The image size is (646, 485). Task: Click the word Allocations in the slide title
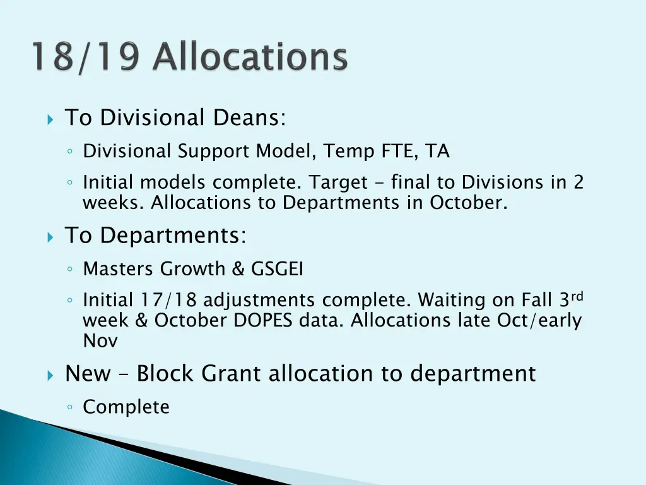(251, 57)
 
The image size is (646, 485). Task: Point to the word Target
(338, 183)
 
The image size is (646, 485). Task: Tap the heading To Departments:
(156, 236)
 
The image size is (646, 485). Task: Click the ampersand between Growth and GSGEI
(238, 269)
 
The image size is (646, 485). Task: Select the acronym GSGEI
(278, 269)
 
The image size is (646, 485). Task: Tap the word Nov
(100, 341)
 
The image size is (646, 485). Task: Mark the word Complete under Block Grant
(126, 407)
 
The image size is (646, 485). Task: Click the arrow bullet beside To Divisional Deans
(51, 119)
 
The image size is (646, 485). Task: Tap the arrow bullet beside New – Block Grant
(51, 375)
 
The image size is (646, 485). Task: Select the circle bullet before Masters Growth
(72, 270)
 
